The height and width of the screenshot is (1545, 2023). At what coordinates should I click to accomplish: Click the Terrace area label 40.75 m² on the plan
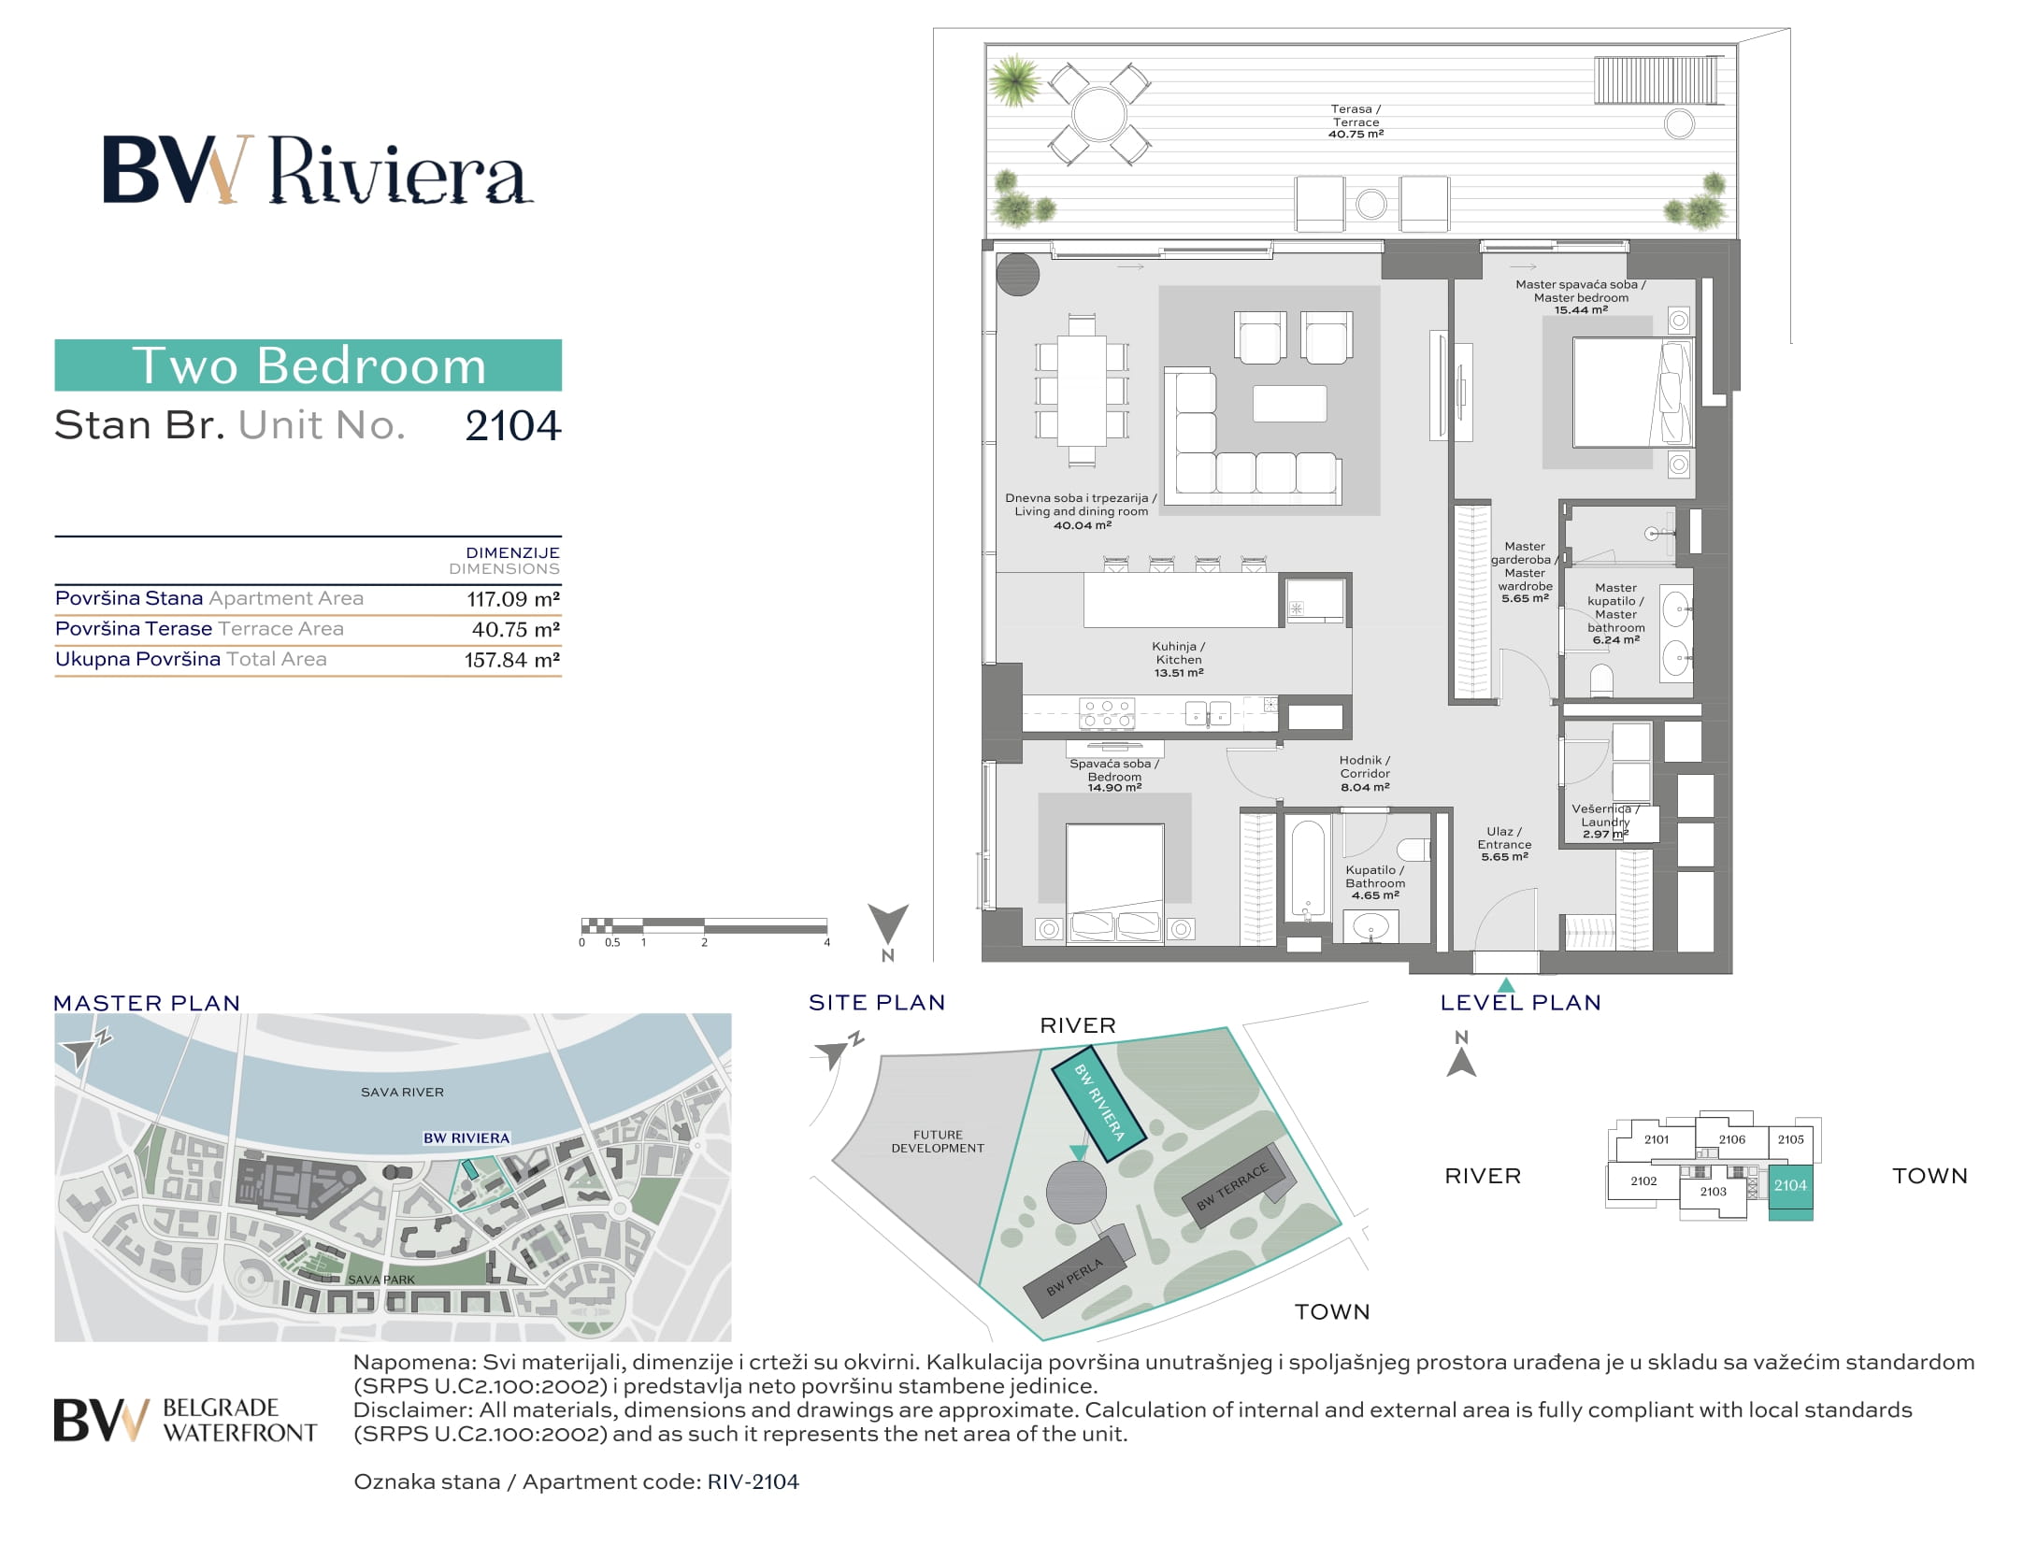pyautogui.click(x=1356, y=135)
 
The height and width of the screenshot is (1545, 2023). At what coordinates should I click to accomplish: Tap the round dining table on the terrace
pyautogui.click(x=1099, y=115)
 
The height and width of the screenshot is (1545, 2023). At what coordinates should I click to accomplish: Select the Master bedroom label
pyautogui.click(x=1580, y=297)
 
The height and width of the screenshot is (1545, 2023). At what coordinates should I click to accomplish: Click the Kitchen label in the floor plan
pyautogui.click(x=1178, y=659)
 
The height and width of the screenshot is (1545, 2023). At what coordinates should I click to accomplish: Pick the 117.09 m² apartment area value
pyautogui.click(x=513, y=599)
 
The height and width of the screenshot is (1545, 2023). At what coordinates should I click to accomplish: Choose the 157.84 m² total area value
pyautogui.click(x=512, y=660)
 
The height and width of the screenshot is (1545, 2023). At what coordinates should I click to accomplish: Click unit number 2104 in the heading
pyautogui.click(x=513, y=426)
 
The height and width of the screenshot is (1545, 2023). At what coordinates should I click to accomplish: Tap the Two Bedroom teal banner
pyautogui.click(x=308, y=365)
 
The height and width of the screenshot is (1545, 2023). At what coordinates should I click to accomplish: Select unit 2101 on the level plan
pyautogui.click(x=1656, y=1139)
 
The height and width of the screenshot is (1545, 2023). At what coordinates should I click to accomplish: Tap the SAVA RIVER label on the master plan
pyautogui.click(x=402, y=1092)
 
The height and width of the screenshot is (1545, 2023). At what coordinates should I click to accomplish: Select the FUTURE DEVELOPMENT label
pyautogui.click(x=938, y=1141)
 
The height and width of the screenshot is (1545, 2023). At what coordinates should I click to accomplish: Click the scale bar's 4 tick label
pyautogui.click(x=826, y=943)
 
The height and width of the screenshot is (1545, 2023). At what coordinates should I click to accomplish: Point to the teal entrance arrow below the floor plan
pyautogui.click(x=1505, y=984)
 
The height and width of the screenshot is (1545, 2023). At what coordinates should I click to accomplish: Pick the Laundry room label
pyautogui.click(x=1605, y=822)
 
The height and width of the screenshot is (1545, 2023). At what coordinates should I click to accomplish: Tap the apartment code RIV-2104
pyautogui.click(x=753, y=1481)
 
